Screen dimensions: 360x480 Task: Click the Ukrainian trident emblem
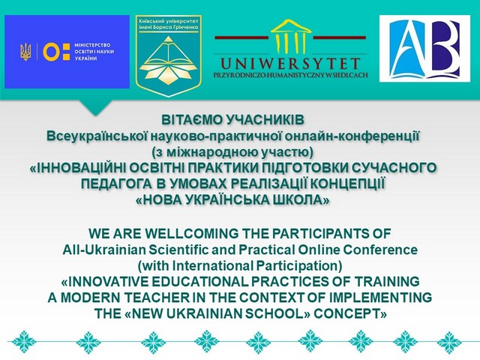point(26,52)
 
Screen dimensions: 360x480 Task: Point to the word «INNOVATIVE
point(112,282)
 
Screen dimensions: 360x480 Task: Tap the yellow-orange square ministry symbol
point(54,52)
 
